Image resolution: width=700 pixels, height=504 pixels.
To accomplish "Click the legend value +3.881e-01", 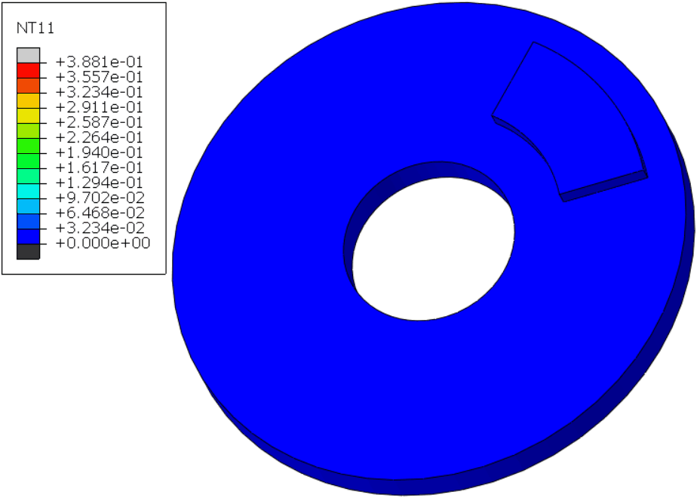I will coord(99,62).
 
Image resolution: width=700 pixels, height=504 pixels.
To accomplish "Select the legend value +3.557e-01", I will coord(99,77).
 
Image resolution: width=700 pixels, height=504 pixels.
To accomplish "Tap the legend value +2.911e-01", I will coord(99,107).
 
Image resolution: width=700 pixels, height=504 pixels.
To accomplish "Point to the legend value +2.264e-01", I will coord(99,137).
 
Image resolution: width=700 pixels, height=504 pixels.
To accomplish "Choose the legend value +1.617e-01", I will coord(99,167).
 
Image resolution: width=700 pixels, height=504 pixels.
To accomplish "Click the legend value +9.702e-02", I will coord(99,198).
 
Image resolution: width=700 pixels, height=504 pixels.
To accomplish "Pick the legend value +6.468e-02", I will coord(99,213).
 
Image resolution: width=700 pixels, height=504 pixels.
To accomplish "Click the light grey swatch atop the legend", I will coord(28,55).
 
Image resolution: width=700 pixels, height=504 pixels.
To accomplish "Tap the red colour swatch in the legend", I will coord(28,70).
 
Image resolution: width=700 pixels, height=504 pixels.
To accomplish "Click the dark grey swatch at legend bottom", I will coord(28,252).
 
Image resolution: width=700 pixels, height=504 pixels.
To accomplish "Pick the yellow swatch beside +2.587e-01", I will coord(28,115).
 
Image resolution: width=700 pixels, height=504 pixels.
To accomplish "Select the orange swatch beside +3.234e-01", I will coord(28,85).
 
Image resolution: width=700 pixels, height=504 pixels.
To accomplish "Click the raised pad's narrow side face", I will coord(603,186).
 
